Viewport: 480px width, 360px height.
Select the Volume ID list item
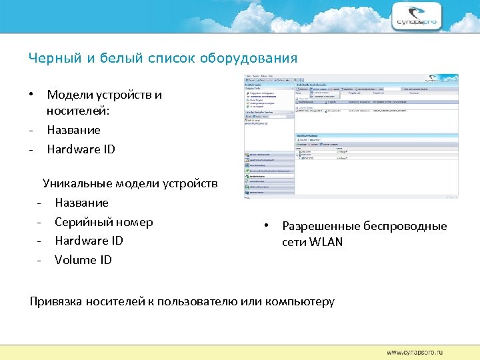[x=83, y=260]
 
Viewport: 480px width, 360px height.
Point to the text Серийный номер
[x=103, y=222]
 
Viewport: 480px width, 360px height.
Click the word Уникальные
[x=77, y=183]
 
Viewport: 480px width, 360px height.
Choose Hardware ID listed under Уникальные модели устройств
[x=89, y=241]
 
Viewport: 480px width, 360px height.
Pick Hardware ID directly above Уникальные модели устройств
[x=81, y=149]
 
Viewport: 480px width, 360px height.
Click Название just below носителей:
[x=73, y=130]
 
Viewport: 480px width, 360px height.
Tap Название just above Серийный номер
[x=81, y=203]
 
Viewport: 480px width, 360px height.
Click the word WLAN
[x=327, y=242]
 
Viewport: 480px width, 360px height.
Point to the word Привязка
[x=57, y=301]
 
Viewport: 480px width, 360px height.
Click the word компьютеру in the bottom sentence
[x=299, y=301]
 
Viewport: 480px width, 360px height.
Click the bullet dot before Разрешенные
[x=266, y=225]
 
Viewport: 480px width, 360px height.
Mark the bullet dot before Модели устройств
[x=31, y=94]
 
